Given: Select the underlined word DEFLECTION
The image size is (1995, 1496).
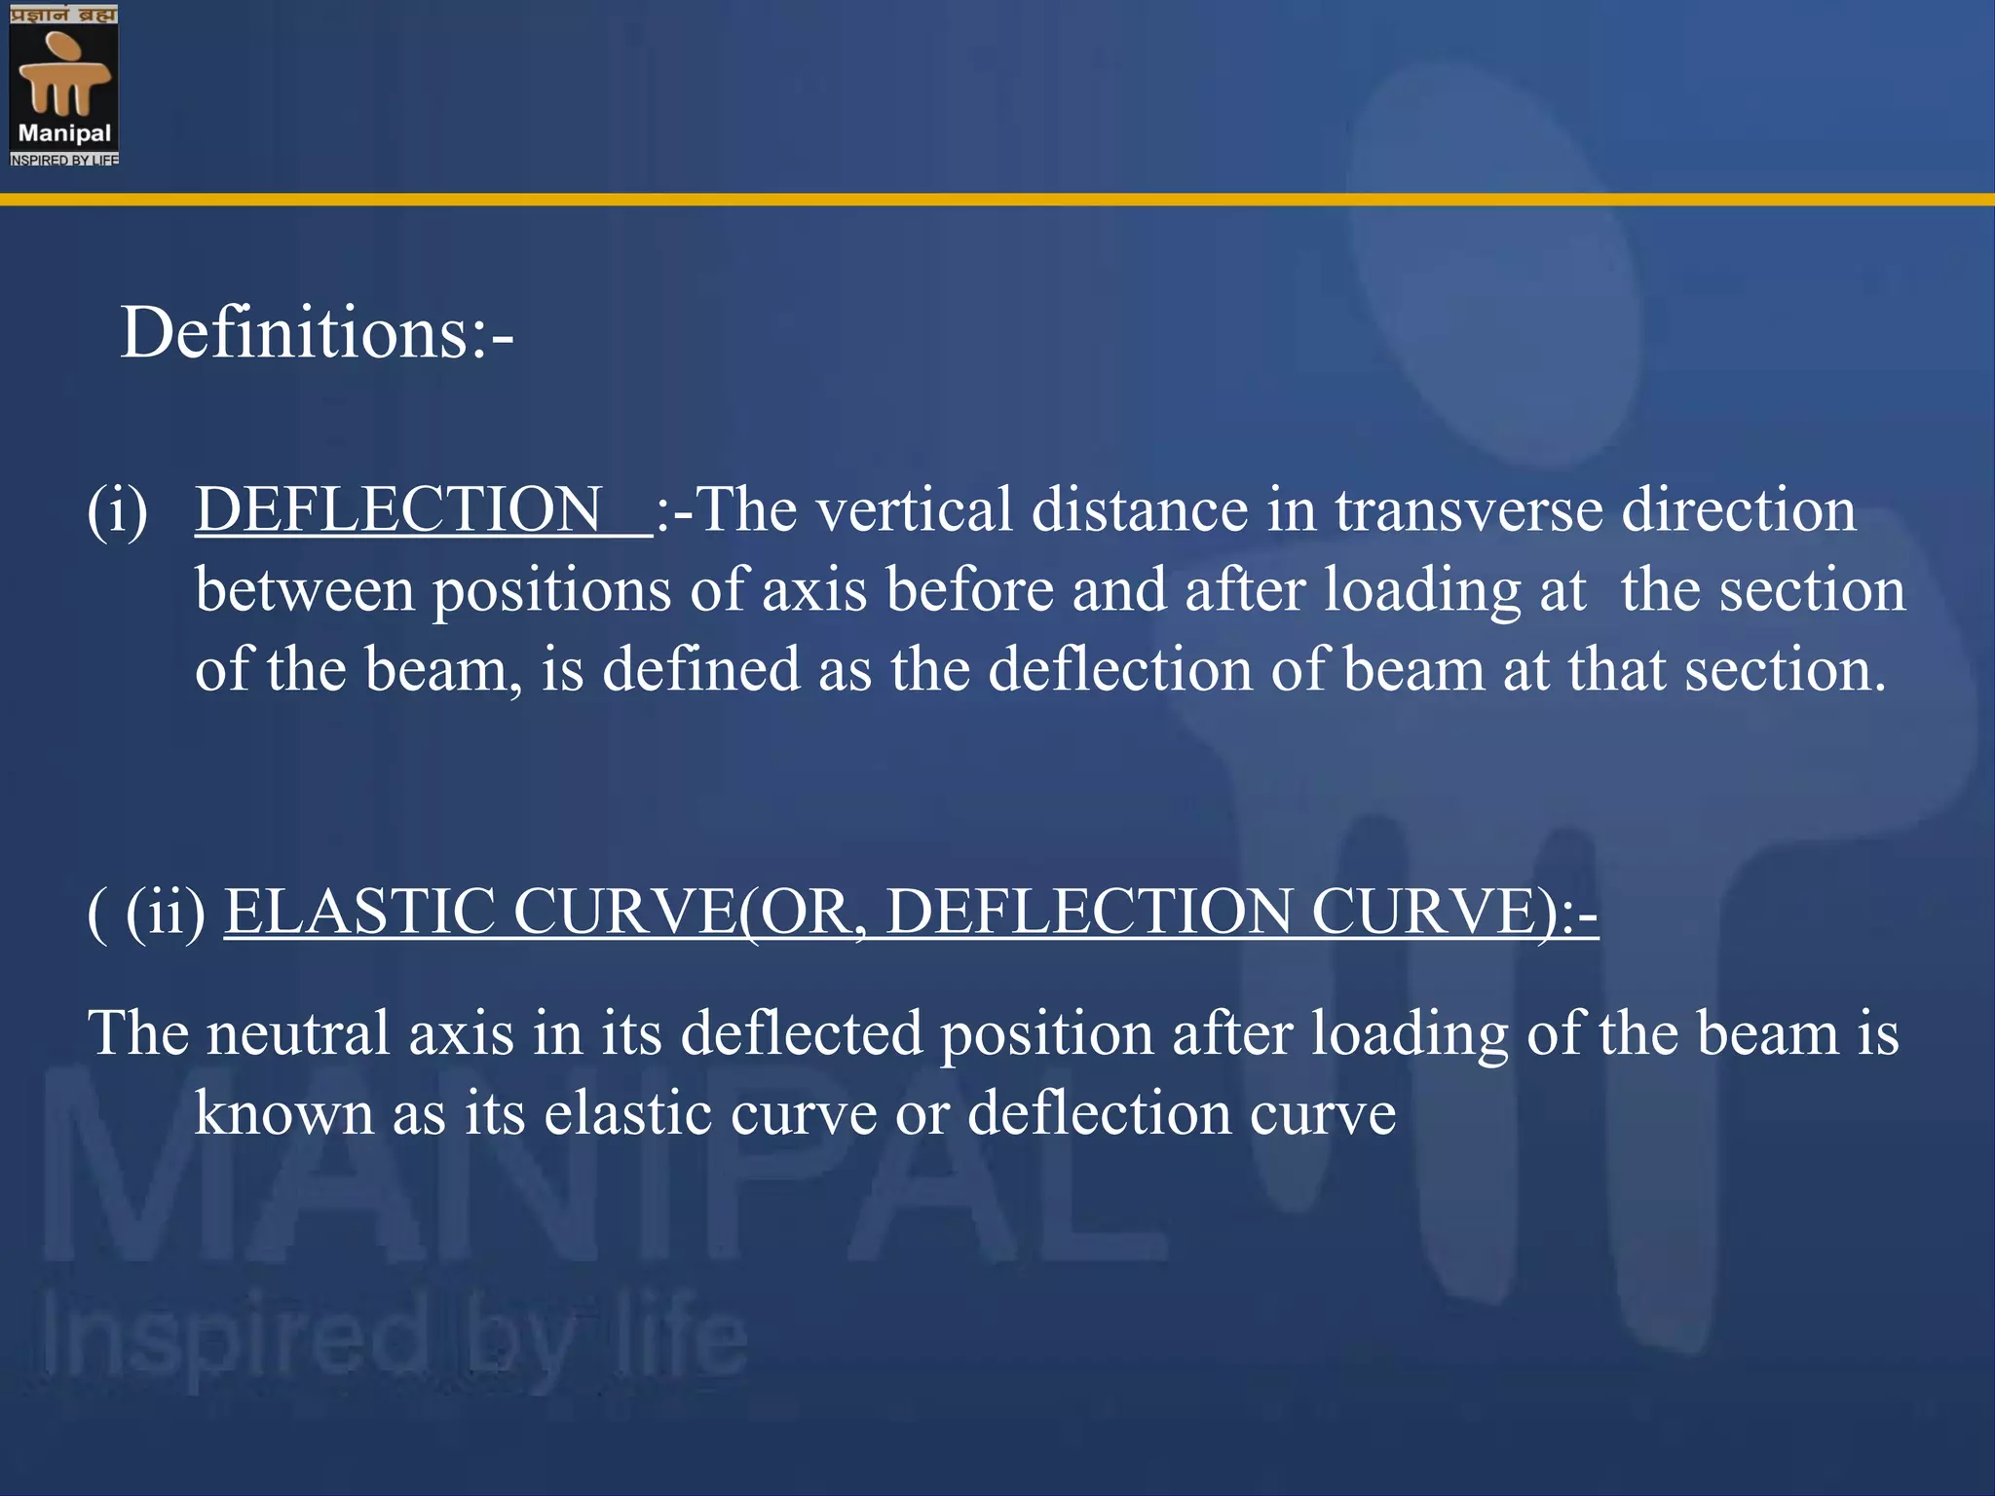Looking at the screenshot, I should tap(398, 509).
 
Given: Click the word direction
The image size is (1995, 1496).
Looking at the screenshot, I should tap(1739, 509).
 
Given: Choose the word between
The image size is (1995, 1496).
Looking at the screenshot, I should tap(304, 590).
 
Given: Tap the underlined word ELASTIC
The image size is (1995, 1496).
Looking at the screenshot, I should tap(359, 912).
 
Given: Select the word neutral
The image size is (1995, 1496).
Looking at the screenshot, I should tap(297, 1032).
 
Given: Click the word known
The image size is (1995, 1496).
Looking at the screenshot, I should tap(283, 1113).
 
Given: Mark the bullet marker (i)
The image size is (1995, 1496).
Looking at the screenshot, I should tap(118, 509).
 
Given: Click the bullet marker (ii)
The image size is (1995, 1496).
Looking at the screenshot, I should tap(166, 912).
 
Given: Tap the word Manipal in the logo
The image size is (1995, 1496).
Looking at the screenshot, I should tap(64, 133).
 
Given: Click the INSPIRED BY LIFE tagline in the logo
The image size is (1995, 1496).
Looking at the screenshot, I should tap(64, 160).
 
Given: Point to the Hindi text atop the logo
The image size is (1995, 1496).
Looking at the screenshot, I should tap(64, 15).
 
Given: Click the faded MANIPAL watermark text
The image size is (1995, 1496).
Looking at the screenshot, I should tap(584, 1169).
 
